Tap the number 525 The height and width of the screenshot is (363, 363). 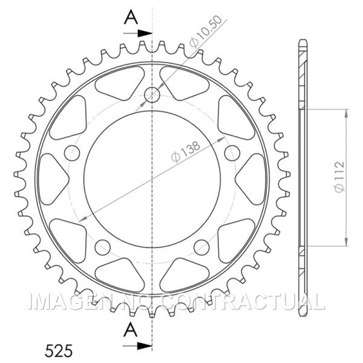coord(59,350)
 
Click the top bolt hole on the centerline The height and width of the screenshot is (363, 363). coord(152,94)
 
